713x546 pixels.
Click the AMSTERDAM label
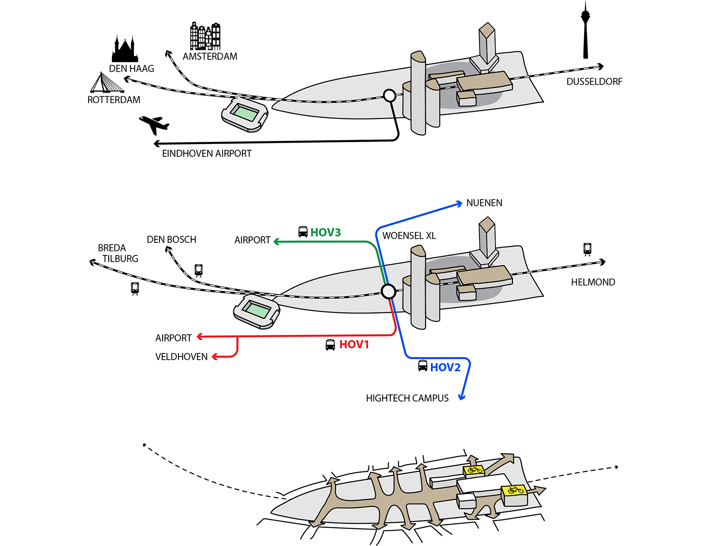(x=210, y=57)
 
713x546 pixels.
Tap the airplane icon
(x=154, y=124)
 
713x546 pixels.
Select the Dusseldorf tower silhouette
(x=586, y=31)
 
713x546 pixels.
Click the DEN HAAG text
(x=131, y=69)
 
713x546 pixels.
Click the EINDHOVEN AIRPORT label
(x=207, y=154)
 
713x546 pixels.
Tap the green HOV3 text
(x=325, y=233)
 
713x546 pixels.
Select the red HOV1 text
(x=354, y=345)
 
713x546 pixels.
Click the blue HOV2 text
(x=445, y=367)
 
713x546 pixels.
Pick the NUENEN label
(x=484, y=203)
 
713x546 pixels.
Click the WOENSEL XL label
(x=409, y=236)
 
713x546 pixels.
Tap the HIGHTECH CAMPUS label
(x=407, y=398)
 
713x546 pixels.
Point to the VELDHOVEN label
(x=181, y=357)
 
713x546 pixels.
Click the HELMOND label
(x=593, y=283)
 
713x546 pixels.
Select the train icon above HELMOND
(x=587, y=249)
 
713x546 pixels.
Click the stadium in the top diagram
(x=245, y=115)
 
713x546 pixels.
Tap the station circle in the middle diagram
(x=389, y=291)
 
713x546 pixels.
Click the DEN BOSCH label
(x=172, y=240)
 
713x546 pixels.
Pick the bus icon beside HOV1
(x=330, y=345)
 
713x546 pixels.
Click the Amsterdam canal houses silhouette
(x=205, y=36)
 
